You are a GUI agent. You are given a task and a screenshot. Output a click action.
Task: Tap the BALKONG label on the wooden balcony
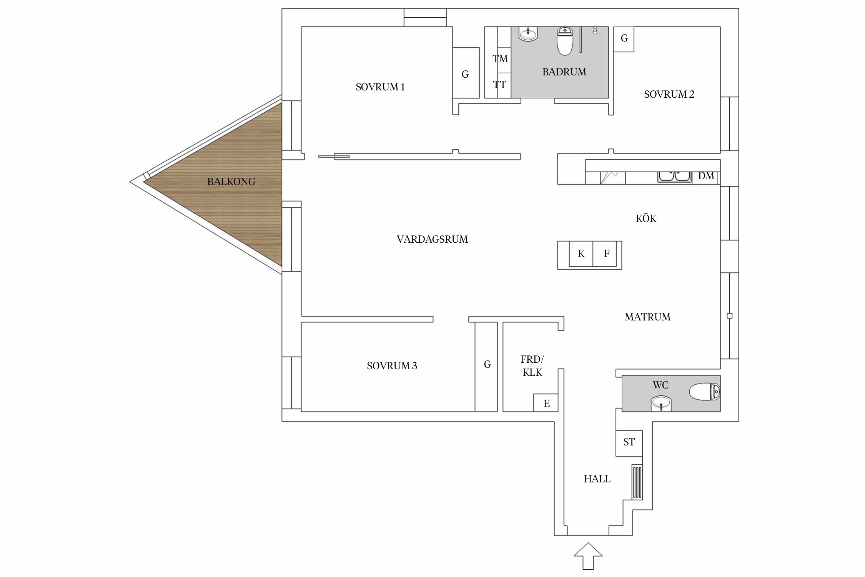click(231, 182)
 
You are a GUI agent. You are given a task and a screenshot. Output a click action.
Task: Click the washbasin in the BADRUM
click(528, 34)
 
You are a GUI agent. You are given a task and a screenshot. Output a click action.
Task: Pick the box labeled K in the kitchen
click(581, 254)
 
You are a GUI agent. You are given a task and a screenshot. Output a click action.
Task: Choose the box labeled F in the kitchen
click(606, 254)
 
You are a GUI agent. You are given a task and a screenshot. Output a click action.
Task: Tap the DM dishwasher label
click(706, 176)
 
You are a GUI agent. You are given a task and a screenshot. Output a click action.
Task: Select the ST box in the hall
click(629, 442)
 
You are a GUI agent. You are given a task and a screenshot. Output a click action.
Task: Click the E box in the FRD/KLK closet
click(546, 404)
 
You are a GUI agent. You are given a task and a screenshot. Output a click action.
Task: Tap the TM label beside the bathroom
click(500, 59)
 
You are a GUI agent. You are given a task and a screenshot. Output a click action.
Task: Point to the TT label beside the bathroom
click(499, 85)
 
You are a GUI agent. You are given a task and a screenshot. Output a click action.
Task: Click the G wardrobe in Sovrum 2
click(624, 38)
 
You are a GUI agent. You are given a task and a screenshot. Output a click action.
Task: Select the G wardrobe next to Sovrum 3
click(487, 365)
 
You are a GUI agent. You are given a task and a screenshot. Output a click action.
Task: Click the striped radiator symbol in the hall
click(637, 482)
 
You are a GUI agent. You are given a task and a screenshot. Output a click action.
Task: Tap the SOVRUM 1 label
click(380, 87)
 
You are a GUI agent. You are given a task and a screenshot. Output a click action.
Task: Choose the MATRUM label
click(647, 317)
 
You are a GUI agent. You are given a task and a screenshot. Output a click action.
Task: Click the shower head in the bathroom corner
click(595, 30)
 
